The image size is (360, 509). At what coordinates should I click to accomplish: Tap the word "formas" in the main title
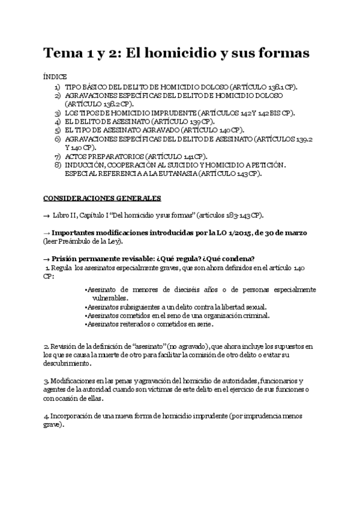point(281,53)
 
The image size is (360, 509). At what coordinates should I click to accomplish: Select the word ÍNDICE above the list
point(55,77)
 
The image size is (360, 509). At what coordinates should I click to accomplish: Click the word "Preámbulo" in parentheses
point(76,241)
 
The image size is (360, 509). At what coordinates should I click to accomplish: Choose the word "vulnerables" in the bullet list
point(109,298)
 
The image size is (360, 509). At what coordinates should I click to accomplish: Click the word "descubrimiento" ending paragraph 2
point(67,363)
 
